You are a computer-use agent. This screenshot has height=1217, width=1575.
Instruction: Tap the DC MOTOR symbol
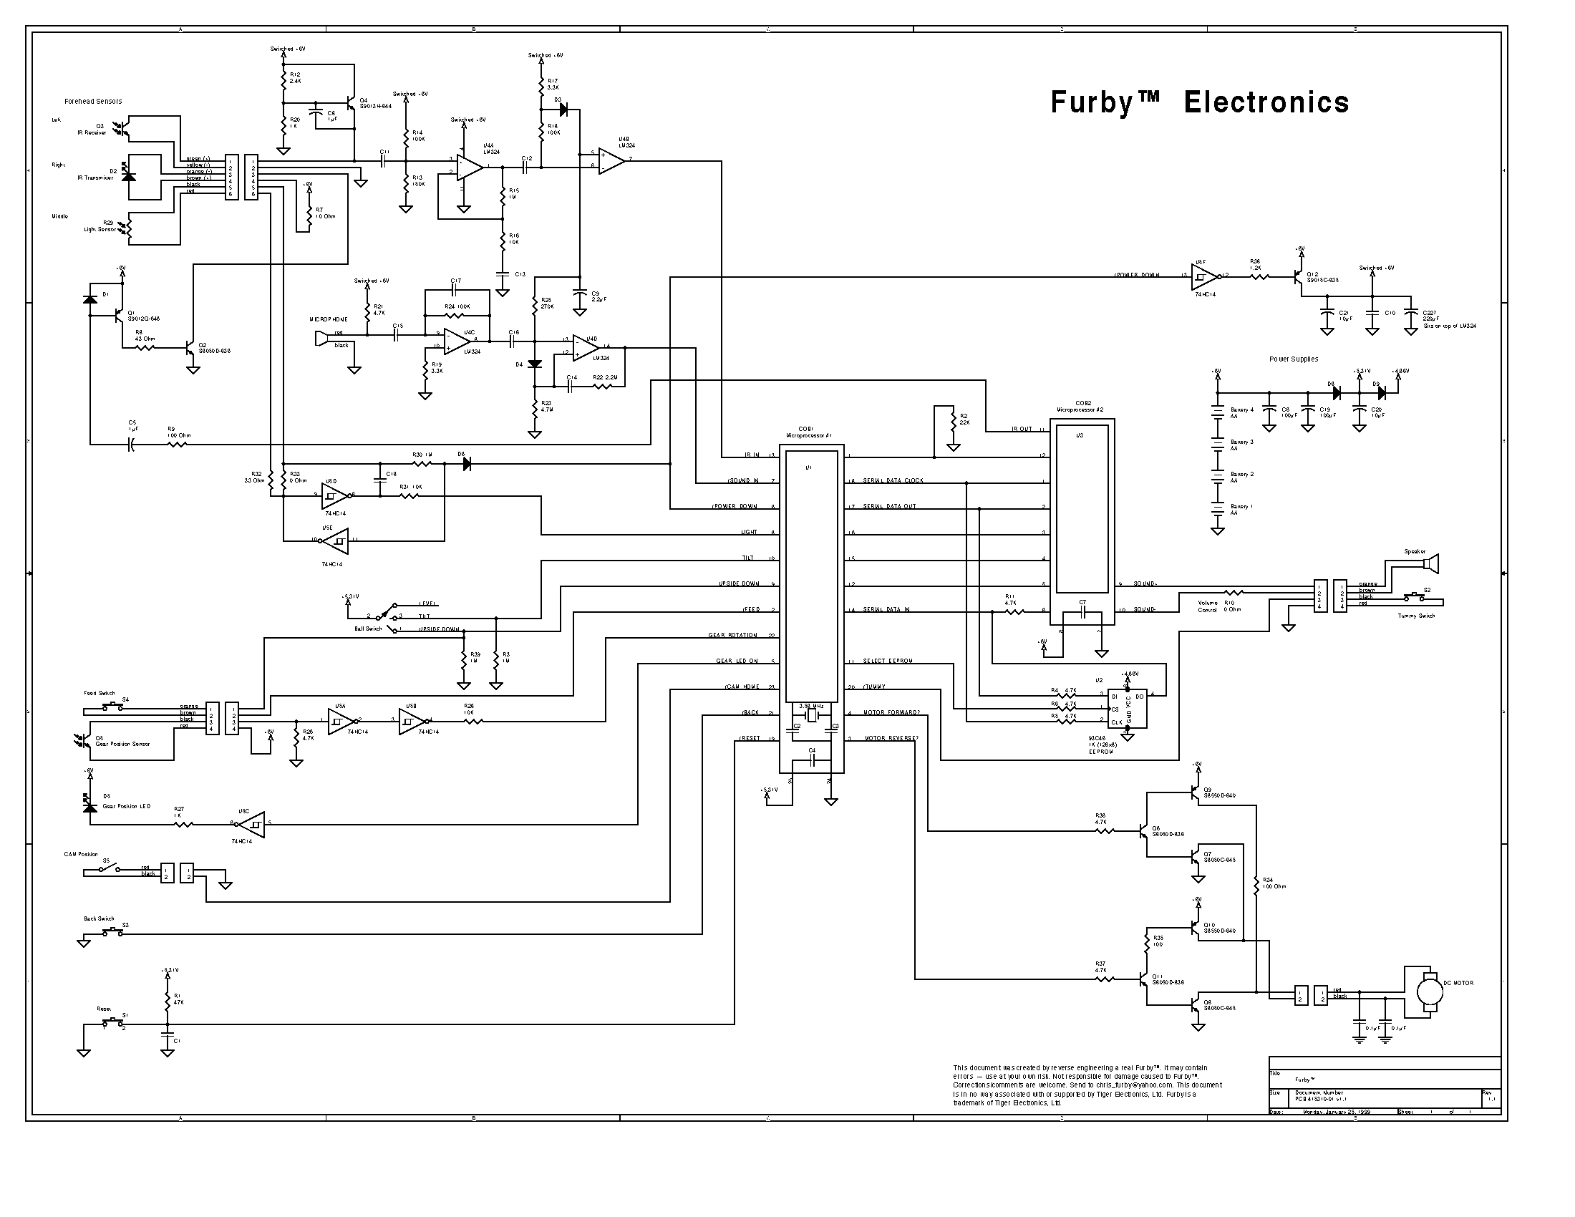1426,992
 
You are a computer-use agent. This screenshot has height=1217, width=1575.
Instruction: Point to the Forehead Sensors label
93,102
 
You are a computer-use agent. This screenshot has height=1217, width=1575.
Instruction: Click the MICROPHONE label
328,319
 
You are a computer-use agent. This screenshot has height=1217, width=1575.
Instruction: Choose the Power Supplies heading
1294,359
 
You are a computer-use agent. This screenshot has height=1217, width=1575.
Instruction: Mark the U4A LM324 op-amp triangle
471,167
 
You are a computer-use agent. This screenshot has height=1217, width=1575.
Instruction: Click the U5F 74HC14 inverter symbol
1203,276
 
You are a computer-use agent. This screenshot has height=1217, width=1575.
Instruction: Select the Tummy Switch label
1416,616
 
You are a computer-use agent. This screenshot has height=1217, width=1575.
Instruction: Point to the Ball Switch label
368,629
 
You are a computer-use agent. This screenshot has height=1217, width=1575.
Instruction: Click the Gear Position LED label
126,806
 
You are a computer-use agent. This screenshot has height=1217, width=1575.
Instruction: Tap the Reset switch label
104,1009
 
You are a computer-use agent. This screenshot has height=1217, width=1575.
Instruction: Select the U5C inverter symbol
251,823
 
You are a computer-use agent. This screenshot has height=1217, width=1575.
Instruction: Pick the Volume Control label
1207,606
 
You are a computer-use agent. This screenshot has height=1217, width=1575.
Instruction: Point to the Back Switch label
99,919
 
